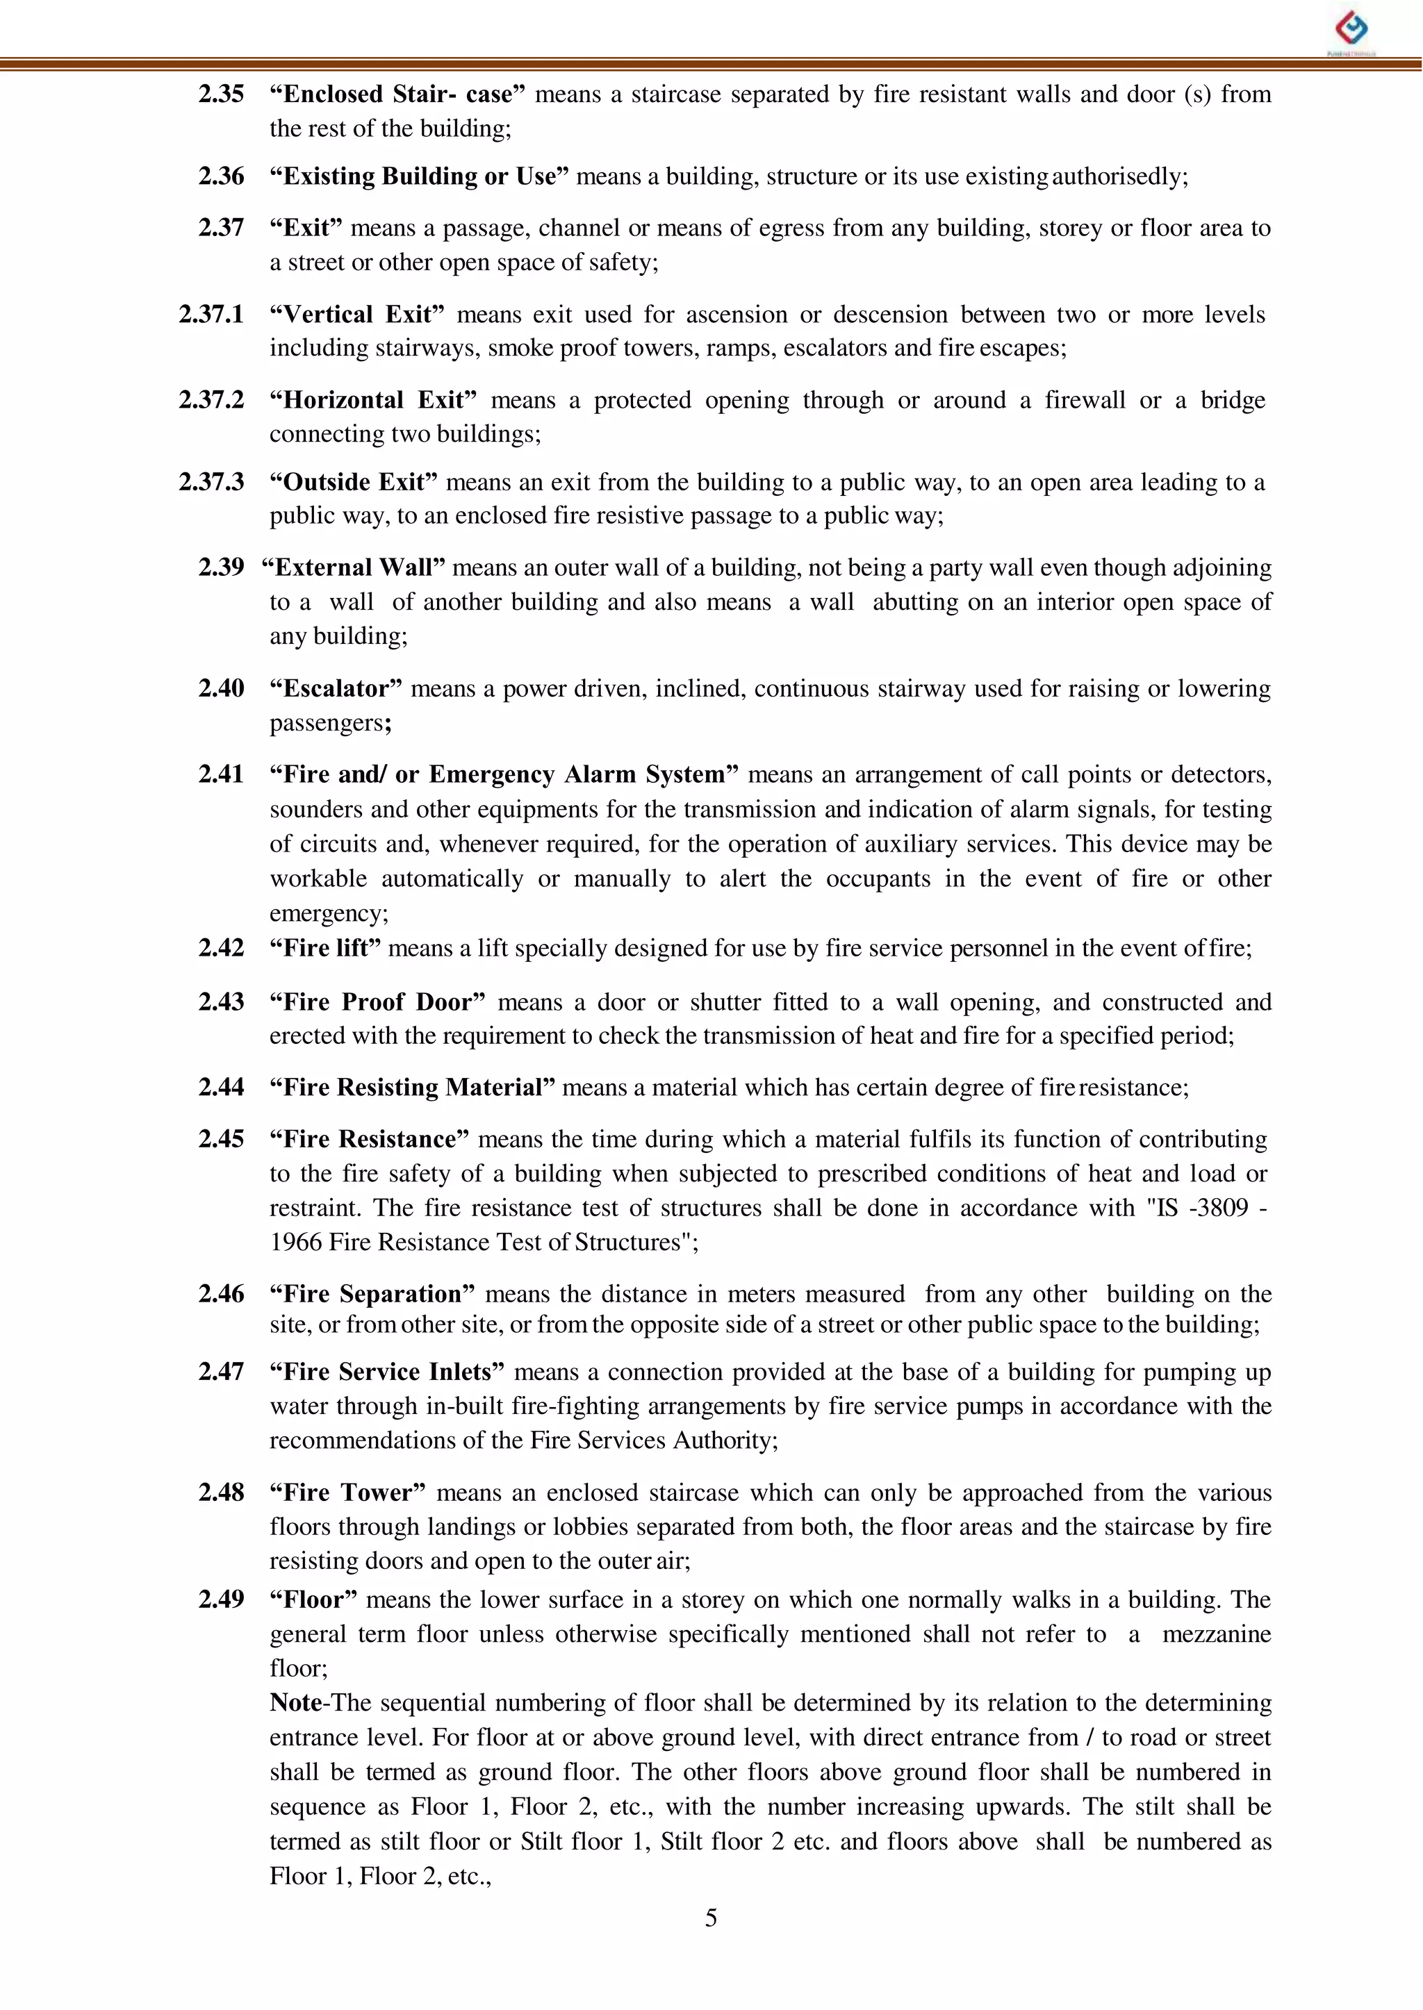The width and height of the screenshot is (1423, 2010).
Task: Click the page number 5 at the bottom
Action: tap(711, 1918)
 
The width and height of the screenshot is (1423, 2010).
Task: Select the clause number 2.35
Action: tap(221, 94)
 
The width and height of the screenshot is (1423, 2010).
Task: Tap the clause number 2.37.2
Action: tap(211, 400)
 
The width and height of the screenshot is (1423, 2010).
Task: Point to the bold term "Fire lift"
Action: tap(325, 949)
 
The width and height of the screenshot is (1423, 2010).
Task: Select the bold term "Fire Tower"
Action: tap(347, 1493)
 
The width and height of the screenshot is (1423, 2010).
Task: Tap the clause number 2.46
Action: tap(221, 1294)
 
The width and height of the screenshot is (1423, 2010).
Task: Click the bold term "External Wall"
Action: tap(353, 567)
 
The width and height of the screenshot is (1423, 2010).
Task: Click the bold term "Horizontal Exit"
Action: tap(373, 400)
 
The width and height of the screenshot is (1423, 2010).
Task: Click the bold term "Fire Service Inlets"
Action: tap(386, 1372)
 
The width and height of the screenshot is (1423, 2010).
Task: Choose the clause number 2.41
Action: tap(221, 774)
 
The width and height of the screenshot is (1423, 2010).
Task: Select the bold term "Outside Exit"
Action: tap(353, 482)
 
